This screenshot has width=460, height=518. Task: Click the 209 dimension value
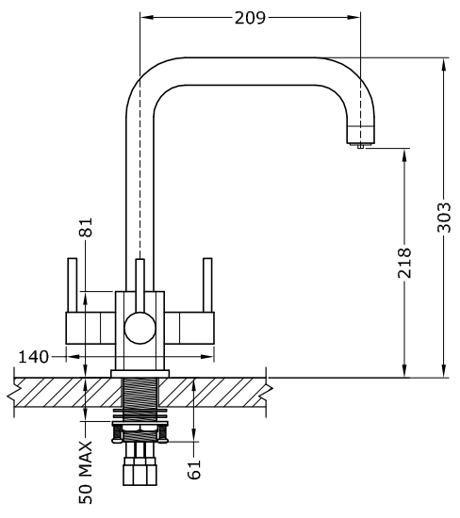click(250, 18)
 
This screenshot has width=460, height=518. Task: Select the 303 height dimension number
click(444, 218)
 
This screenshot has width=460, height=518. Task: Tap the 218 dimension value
click(404, 263)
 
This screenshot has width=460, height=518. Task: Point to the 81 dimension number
click(86, 227)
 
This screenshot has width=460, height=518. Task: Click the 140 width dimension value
click(33, 357)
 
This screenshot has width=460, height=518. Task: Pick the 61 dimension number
click(194, 469)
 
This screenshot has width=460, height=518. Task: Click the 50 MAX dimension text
click(86, 473)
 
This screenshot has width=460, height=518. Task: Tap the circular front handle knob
click(140, 328)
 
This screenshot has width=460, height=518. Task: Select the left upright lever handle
click(72, 284)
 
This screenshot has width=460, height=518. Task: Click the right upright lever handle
click(207, 284)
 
